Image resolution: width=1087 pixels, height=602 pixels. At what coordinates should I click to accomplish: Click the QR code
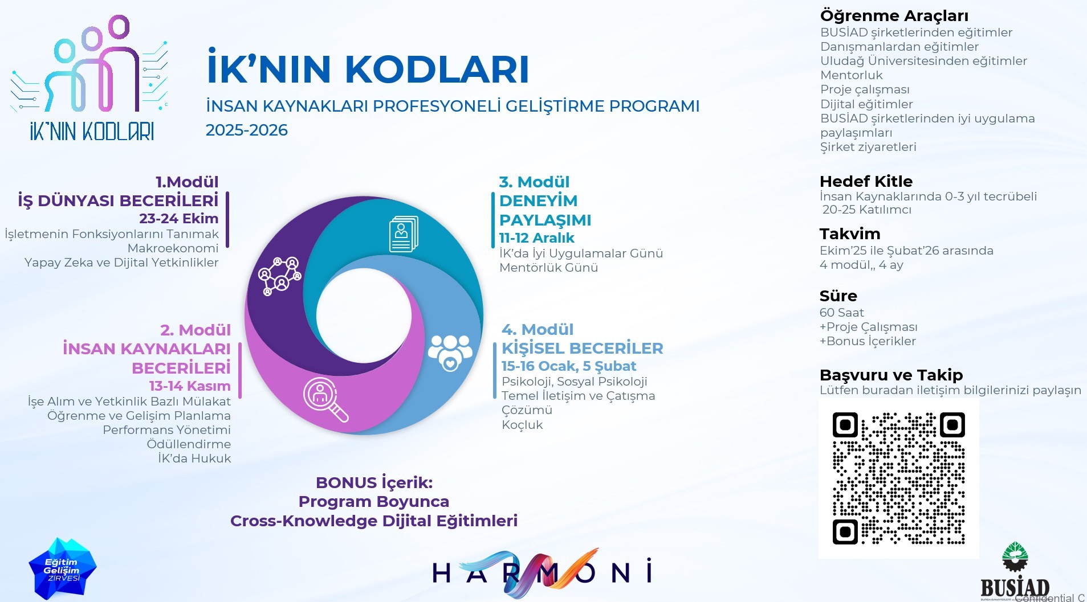(x=898, y=478)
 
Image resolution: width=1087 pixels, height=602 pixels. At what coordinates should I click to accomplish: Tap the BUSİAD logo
(x=1015, y=571)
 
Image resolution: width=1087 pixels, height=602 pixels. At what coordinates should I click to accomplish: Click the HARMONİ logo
(x=542, y=572)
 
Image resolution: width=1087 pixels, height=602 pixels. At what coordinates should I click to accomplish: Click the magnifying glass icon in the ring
(x=325, y=399)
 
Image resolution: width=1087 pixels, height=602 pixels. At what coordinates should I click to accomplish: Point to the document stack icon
(x=404, y=234)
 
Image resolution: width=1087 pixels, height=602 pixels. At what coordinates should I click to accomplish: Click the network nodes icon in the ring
(x=279, y=276)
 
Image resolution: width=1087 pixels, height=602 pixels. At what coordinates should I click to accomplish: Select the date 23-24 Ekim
(x=178, y=219)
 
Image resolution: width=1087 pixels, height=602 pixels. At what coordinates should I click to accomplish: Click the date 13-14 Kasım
(x=190, y=386)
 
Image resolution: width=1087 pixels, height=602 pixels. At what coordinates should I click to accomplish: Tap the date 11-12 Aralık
(x=537, y=238)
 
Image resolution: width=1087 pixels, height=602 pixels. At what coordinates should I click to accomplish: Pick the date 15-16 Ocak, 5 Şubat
(x=569, y=366)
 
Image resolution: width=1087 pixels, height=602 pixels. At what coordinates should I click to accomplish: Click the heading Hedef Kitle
(x=866, y=182)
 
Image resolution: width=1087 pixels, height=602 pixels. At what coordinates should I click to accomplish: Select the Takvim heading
(x=850, y=234)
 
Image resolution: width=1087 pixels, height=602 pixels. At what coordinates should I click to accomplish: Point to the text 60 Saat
(x=841, y=313)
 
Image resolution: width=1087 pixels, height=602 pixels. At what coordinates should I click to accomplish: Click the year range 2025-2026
(x=247, y=130)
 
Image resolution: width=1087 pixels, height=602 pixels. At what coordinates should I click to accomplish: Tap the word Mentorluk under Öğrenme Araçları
(x=851, y=75)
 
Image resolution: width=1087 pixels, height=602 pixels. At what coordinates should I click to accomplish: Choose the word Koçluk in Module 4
(x=522, y=425)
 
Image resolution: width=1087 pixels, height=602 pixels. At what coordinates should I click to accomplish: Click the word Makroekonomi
(x=173, y=248)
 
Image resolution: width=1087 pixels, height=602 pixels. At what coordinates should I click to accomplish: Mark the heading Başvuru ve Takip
(x=891, y=375)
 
